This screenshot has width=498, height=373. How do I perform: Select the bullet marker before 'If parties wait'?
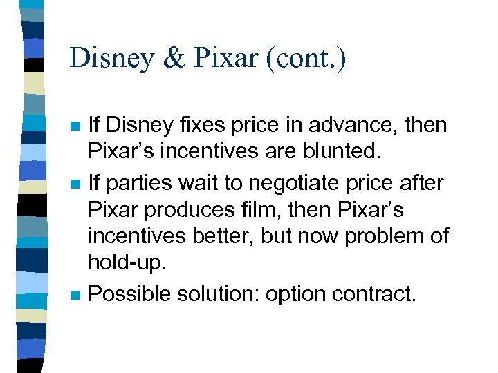(75, 183)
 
